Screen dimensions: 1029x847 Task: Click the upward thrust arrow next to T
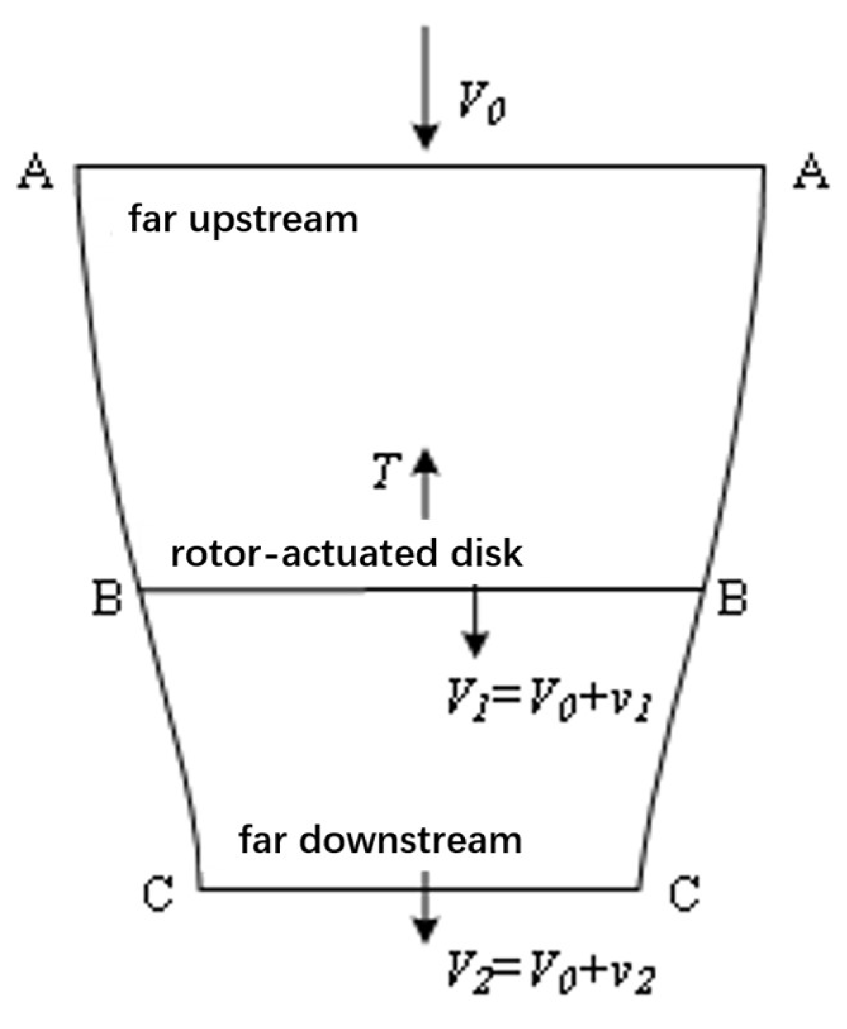point(426,484)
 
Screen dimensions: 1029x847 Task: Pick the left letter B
point(107,598)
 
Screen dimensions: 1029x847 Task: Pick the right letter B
point(732,598)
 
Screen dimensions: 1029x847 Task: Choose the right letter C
point(684,893)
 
